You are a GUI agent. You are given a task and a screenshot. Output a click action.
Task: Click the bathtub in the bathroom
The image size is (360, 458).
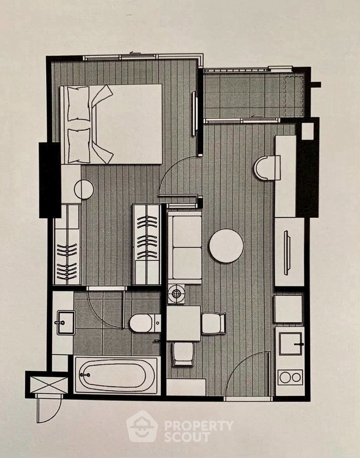tap(116, 375)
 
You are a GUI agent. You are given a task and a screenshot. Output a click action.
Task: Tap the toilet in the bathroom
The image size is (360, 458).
tap(145, 323)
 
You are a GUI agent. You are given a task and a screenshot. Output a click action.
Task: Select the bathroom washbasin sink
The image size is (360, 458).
tap(66, 322)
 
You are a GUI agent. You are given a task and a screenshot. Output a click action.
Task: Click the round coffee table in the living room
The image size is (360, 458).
tap(226, 246)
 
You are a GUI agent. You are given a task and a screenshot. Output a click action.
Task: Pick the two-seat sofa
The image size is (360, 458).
tap(185, 247)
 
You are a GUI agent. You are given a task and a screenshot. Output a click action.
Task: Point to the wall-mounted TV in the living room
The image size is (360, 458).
tap(287, 253)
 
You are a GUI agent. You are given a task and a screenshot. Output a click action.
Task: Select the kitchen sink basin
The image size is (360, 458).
tap(291, 343)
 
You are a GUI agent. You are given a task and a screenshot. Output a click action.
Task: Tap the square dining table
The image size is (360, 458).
tap(183, 323)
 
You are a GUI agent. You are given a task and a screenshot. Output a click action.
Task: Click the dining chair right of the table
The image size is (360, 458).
tap(213, 323)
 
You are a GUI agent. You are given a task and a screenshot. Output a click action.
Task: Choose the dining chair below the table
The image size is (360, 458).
tap(183, 354)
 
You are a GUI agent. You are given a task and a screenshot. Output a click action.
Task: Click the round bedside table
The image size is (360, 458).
tap(84, 190)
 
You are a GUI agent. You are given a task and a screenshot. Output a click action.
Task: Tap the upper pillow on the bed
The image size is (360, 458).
tap(79, 103)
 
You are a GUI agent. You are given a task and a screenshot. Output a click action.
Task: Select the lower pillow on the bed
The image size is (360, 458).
tap(79, 146)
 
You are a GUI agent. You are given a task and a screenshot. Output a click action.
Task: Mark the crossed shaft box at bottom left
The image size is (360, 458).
tap(49, 385)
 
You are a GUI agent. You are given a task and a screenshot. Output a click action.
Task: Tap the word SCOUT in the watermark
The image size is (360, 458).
tap(187, 437)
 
